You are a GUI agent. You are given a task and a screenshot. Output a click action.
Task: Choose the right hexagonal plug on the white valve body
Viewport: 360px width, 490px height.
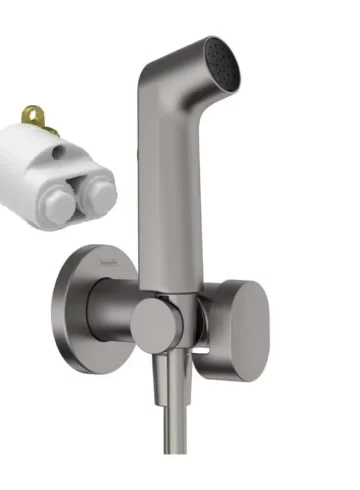pos(96,195)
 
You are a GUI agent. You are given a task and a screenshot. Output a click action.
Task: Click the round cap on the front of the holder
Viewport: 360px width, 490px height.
pos(156,325)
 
